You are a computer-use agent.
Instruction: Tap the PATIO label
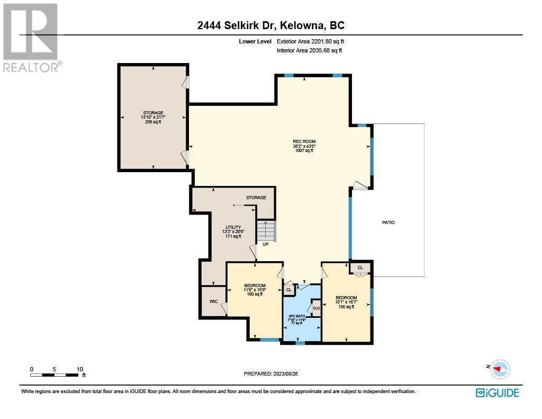(388, 222)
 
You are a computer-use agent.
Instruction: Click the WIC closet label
(214, 301)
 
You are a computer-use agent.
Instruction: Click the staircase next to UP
(266, 231)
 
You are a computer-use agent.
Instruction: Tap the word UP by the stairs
(266, 244)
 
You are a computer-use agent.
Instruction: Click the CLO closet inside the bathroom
(317, 308)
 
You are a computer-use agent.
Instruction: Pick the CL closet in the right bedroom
(360, 268)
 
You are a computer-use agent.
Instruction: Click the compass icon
(500, 369)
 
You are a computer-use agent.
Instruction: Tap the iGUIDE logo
(497, 393)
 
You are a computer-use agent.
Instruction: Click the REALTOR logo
(31, 38)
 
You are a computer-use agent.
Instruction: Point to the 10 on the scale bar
(80, 369)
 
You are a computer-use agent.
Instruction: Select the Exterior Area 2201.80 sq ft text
(310, 41)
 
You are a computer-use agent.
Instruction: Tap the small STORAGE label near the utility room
(256, 198)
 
